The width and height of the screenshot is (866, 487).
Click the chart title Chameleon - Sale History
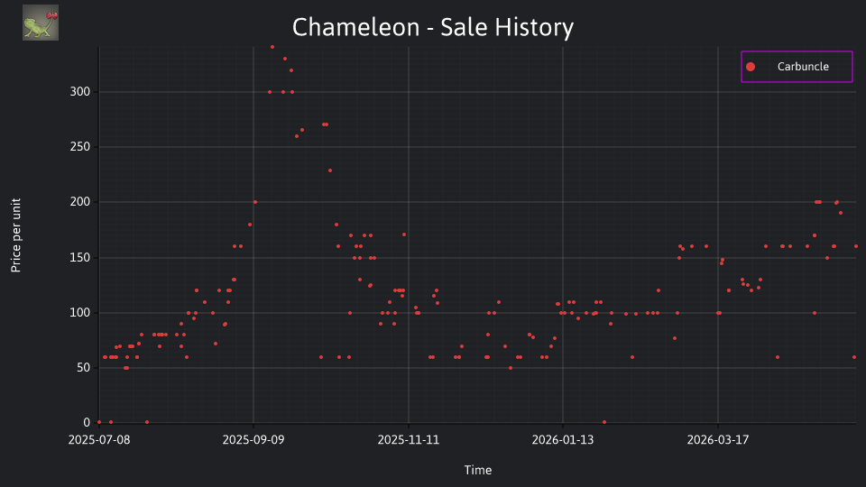click(433, 27)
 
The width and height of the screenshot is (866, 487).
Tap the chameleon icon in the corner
click(41, 23)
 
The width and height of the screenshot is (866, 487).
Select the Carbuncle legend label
click(803, 66)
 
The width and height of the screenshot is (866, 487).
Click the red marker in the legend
click(750, 67)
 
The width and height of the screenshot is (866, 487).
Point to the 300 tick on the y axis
click(80, 92)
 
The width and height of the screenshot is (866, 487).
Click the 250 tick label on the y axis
click(80, 147)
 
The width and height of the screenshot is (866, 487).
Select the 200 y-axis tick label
click(80, 202)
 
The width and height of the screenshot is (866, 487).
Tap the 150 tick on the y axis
click(80, 257)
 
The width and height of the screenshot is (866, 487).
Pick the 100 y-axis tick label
click(80, 313)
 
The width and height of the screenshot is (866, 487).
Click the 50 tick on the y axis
click(83, 368)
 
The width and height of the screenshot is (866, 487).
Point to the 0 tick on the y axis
click(87, 422)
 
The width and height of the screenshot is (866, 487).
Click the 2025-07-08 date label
click(99, 440)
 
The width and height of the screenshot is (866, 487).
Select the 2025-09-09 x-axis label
click(253, 440)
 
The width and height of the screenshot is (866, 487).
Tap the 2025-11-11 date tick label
click(408, 440)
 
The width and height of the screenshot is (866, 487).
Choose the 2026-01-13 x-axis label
click(563, 440)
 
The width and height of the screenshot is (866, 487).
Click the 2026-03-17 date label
click(718, 440)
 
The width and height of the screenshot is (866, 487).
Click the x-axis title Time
click(478, 470)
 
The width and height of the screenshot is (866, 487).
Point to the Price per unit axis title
click(16, 235)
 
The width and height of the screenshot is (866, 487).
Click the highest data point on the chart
click(272, 48)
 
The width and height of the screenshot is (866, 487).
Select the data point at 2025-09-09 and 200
click(254, 202)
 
